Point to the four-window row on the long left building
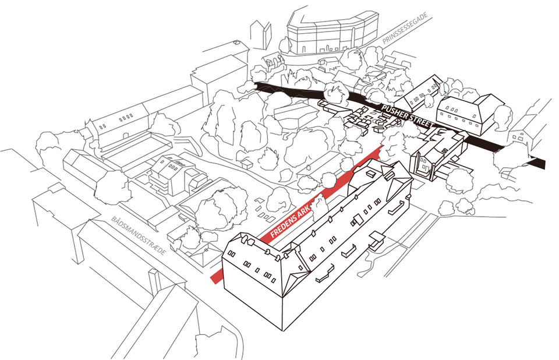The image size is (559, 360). (125, 118)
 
